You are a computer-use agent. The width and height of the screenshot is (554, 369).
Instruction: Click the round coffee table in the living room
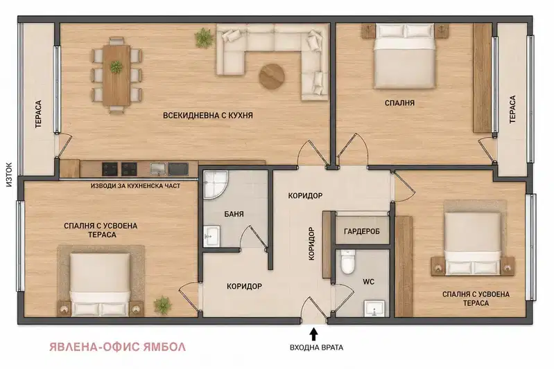(272, 75)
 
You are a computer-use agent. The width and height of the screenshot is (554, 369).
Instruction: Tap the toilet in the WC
(347, 262)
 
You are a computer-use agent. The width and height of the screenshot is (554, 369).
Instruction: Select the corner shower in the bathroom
(215, 184)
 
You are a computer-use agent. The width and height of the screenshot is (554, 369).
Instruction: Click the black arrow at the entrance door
(313, 334)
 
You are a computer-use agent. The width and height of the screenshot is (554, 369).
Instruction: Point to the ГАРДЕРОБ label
(362, 231)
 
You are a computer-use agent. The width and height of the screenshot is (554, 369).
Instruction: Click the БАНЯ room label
(234, 214)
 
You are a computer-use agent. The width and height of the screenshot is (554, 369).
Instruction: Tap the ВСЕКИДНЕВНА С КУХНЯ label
(208, 116)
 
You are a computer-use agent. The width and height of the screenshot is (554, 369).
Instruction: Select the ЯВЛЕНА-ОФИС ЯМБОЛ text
(118, 347)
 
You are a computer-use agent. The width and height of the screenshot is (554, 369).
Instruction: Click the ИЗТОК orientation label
(9, 174)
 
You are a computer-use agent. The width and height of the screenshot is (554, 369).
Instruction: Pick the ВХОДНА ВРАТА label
(317, 348)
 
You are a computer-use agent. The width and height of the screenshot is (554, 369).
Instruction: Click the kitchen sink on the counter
(157, 169)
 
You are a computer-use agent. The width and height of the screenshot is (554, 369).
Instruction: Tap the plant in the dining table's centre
(116, 66)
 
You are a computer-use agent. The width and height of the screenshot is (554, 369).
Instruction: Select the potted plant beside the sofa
(204, 38)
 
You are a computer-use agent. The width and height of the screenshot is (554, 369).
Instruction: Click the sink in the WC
(374, 309)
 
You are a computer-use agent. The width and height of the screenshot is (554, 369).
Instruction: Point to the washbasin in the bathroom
(211, 236)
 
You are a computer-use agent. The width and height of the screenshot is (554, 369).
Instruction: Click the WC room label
(368, 282)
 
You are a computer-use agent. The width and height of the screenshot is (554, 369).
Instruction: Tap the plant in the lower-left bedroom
(162, 305)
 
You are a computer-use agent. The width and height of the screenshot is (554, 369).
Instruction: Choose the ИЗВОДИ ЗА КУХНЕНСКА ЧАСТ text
(135, 186)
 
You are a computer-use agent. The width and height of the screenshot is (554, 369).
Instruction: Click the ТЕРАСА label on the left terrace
(38, 114)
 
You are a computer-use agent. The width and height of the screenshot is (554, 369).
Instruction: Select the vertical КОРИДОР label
(311, 244)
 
